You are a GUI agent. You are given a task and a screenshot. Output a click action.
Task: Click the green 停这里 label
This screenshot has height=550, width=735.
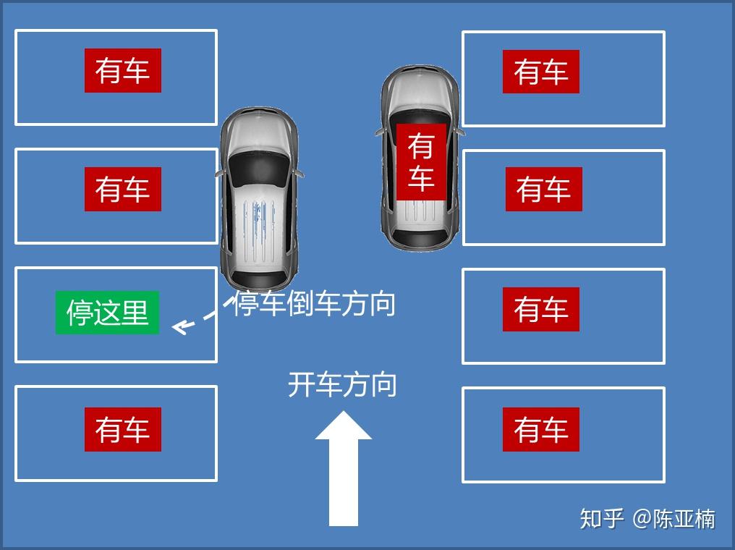coord(107,313)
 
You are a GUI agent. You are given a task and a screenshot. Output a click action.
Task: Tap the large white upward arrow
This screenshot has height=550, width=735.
coord(343,469)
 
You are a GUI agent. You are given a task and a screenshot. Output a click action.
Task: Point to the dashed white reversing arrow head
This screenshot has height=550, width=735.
coord(180,326)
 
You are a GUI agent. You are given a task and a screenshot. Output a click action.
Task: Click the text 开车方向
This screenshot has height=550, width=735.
coord(342,385)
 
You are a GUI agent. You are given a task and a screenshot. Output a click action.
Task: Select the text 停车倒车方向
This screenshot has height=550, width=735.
coord(314,303)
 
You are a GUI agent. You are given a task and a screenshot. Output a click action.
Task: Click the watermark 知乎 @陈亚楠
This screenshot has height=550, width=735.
coord(647,519)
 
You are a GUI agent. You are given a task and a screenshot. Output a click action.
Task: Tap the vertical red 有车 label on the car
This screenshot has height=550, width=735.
coord(421,162)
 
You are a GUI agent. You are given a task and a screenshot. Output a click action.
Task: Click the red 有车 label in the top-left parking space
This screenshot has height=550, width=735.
coord(123,70)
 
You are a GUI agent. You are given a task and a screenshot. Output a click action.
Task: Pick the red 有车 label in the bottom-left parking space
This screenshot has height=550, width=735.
coord(123,429)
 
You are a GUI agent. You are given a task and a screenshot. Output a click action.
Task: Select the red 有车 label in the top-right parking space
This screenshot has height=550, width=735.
coord(541,72)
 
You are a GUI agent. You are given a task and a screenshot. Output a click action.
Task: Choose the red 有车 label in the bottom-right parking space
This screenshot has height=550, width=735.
coord(541,429)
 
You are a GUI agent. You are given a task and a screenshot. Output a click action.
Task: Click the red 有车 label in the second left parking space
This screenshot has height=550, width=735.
coord(123,189)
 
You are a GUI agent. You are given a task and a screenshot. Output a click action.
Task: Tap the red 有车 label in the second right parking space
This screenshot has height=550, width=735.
coord(544,189)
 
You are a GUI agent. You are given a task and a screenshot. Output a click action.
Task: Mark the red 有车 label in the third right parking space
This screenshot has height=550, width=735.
coord(541,310)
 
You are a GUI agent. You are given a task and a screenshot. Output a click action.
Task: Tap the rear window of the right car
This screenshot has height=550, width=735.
coord(420,237)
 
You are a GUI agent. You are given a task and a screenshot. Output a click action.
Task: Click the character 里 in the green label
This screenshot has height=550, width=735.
coord(135,313)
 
